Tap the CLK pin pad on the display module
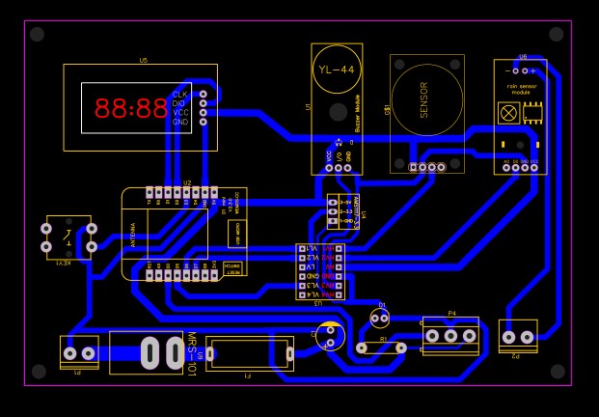point(203,95)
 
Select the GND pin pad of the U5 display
point(203,123)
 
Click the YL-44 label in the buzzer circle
point(337,69)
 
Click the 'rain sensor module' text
point(520,90)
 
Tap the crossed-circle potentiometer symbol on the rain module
point(507,113)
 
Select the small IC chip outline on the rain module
point(532,113)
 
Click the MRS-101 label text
point(191,354)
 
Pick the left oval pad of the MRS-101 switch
point(150,352)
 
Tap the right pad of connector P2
point(527,337)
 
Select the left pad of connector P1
point(69,353)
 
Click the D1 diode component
point(380,317)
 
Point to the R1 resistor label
point(383,340)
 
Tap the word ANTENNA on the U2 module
point(133,235)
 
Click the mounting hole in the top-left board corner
point(37,35)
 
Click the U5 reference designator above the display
point(143,60)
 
